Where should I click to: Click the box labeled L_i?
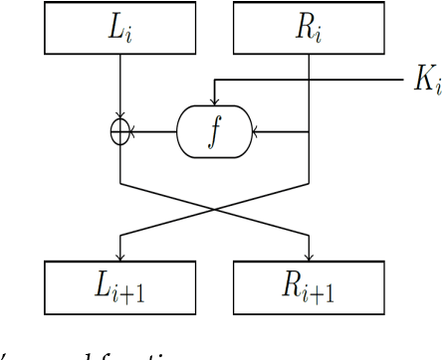[x=119, y=29]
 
